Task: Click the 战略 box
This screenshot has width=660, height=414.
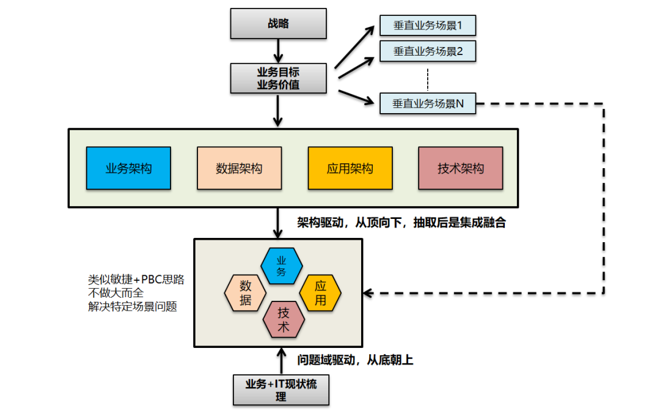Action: (x=278, y=24)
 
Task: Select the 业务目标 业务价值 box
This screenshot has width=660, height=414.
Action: (x=278, y=78)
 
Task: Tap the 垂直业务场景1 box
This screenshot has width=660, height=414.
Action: (x=427, y=26)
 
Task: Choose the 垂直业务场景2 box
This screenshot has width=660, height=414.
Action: (x=427, y=51)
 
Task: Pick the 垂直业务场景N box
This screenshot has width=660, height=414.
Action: (x=427, y=103)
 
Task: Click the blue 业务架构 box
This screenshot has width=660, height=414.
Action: (x=128, y=168)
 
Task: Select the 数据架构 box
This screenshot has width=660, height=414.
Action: (x=239, y=168)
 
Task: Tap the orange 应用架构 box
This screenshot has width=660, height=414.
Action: (x=350, y=168)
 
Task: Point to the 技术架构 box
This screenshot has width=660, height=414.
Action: (x=461, y=168)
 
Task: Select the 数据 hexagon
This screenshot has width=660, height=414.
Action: (x=246, y=293)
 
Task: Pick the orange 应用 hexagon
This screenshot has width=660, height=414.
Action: (x=320, y=293)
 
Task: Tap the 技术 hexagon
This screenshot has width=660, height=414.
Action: (x=284, y=320)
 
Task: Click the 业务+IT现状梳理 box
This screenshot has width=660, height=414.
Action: (x=281, y=390)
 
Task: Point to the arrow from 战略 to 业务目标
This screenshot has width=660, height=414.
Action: (x=279, y=50)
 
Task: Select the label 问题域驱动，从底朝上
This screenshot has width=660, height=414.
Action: (x=355, y=360)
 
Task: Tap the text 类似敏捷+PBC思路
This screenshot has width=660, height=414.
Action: (x=136, y=279)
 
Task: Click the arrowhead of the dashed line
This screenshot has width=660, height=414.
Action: (x=369, y=293)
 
